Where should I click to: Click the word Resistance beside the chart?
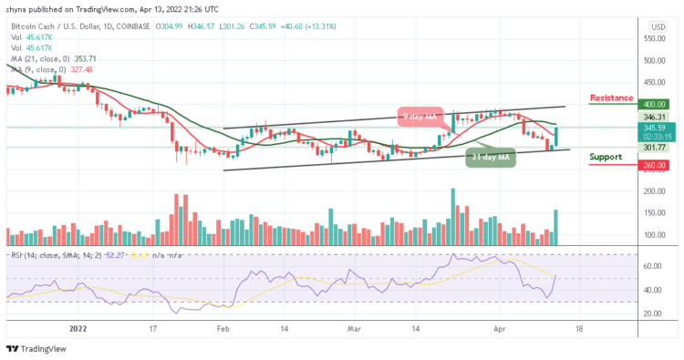click(612, 97)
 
